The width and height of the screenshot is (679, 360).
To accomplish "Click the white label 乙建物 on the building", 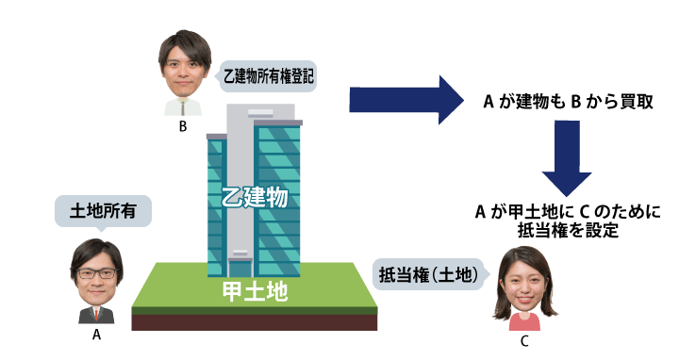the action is coord(254,199).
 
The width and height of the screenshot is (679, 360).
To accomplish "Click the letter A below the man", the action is coord(96,333).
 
